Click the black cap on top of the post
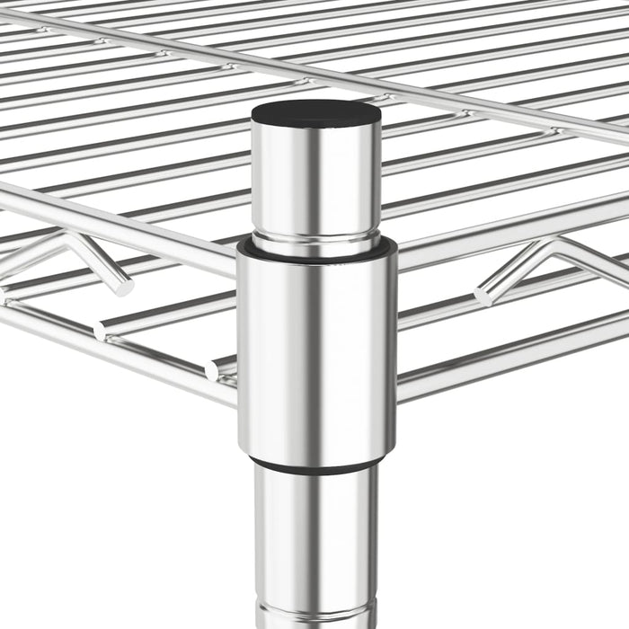(314, 113)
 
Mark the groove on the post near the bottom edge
(314, 611)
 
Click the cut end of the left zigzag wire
(123, 287)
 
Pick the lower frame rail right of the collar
(503, 350)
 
